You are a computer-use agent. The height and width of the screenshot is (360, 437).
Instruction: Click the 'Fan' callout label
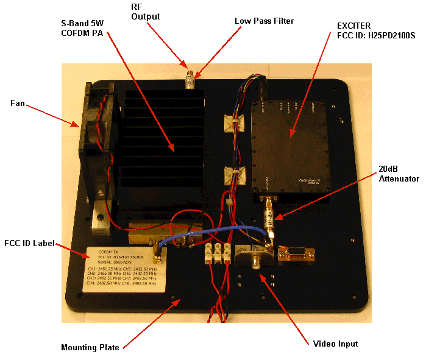tap(17, 104)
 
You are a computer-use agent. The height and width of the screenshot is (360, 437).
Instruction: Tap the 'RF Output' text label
tap(146, 12)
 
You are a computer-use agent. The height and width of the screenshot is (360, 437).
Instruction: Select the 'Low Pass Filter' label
tap(264, 21)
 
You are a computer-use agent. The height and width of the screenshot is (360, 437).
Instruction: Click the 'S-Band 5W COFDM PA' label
tap(83, 27)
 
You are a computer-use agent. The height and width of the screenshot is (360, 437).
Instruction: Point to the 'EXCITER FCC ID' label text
tap(372, 31)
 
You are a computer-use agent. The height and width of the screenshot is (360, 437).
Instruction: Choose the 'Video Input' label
tap(335, 344)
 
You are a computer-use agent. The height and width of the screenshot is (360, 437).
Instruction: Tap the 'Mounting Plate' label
tap(90, 348)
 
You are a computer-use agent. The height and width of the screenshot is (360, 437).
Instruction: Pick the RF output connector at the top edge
tap(190, 78)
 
